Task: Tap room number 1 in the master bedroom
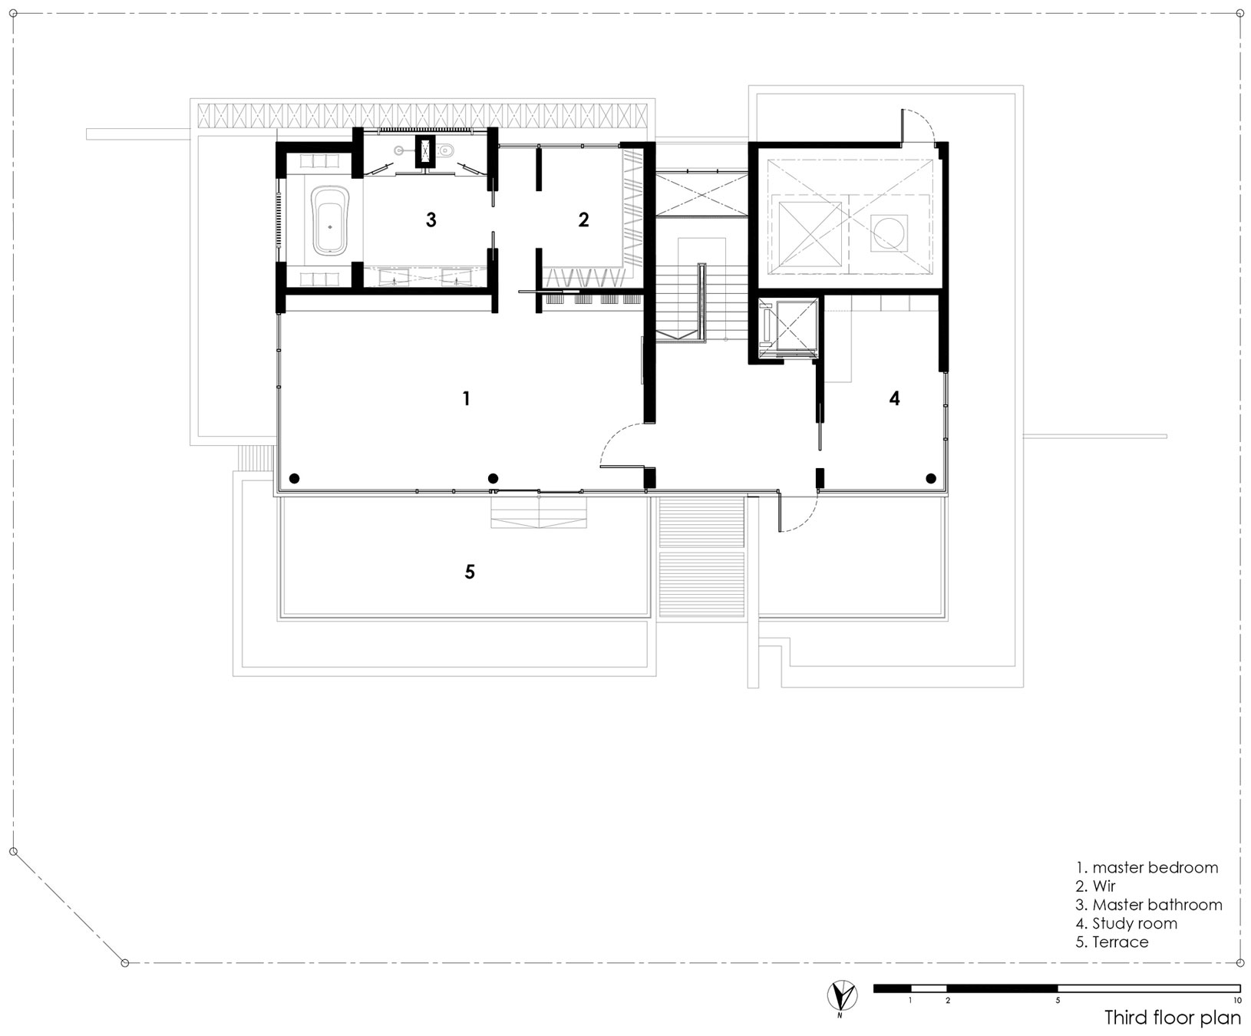tap(466, 398)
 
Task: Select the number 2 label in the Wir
tap(583, 220)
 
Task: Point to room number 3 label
tap(431, 220)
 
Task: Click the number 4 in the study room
tap(894, 398)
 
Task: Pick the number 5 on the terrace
tap(470, 572)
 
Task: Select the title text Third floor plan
tap(1172, 1018)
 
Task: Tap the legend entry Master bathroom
tap(1149, 905)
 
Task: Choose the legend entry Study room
tap(1126, 923)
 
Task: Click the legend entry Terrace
tap(1112, 942)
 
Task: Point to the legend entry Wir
tap(1095, 886)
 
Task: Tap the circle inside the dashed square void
tap(890, 233)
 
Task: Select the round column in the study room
tap(931, 478)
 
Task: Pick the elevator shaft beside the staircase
tap(787, 328)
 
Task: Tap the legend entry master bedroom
tap(1147, 868)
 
